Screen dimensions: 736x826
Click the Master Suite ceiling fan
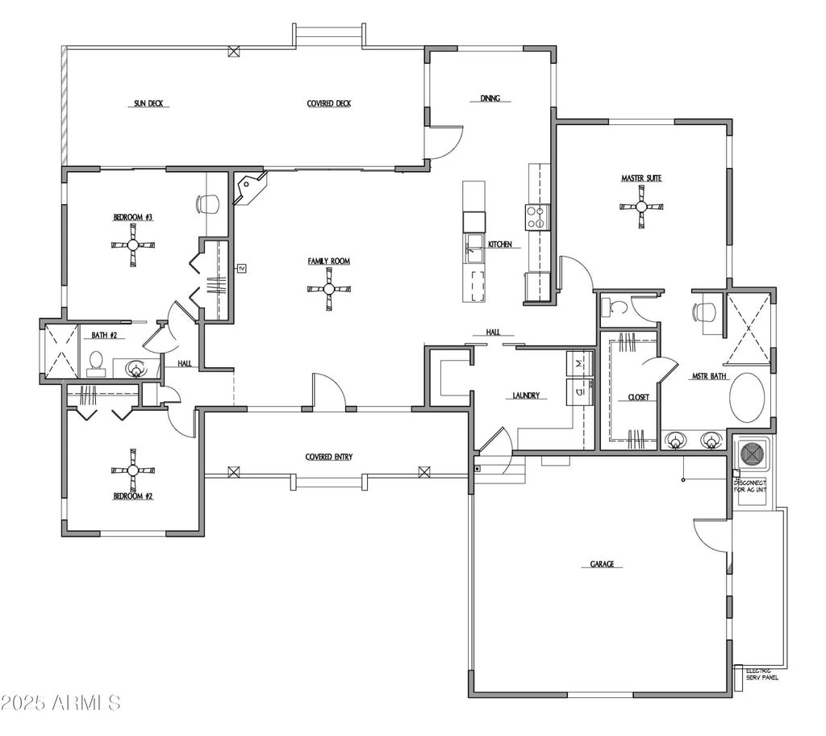pyautogui.click(x=641, y=207)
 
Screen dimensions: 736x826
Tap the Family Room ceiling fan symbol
pyautogui.click(x=329, y=289)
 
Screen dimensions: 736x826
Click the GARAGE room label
pyautogui.click(x=601, y=564)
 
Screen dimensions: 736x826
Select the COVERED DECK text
pyautogui.click(x=328, y=103)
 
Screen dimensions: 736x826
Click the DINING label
pyautogui.click(x=490, y=98)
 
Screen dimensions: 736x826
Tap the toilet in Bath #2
pyautogui.click(x=96, y=364)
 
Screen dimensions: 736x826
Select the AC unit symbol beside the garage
pyautogui.click(x=752, y=454)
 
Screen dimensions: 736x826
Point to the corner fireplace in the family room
pyautogui.click(x=249, y=188)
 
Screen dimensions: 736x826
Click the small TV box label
pyautogui.click(x=240, y=267)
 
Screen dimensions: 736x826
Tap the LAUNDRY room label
pyautogui.click(x=526, y=396)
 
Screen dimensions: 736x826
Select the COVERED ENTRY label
pyautogui.click(x=328, y=457)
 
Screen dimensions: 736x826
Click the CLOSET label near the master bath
pyautogui.click(x=639, y=397)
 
